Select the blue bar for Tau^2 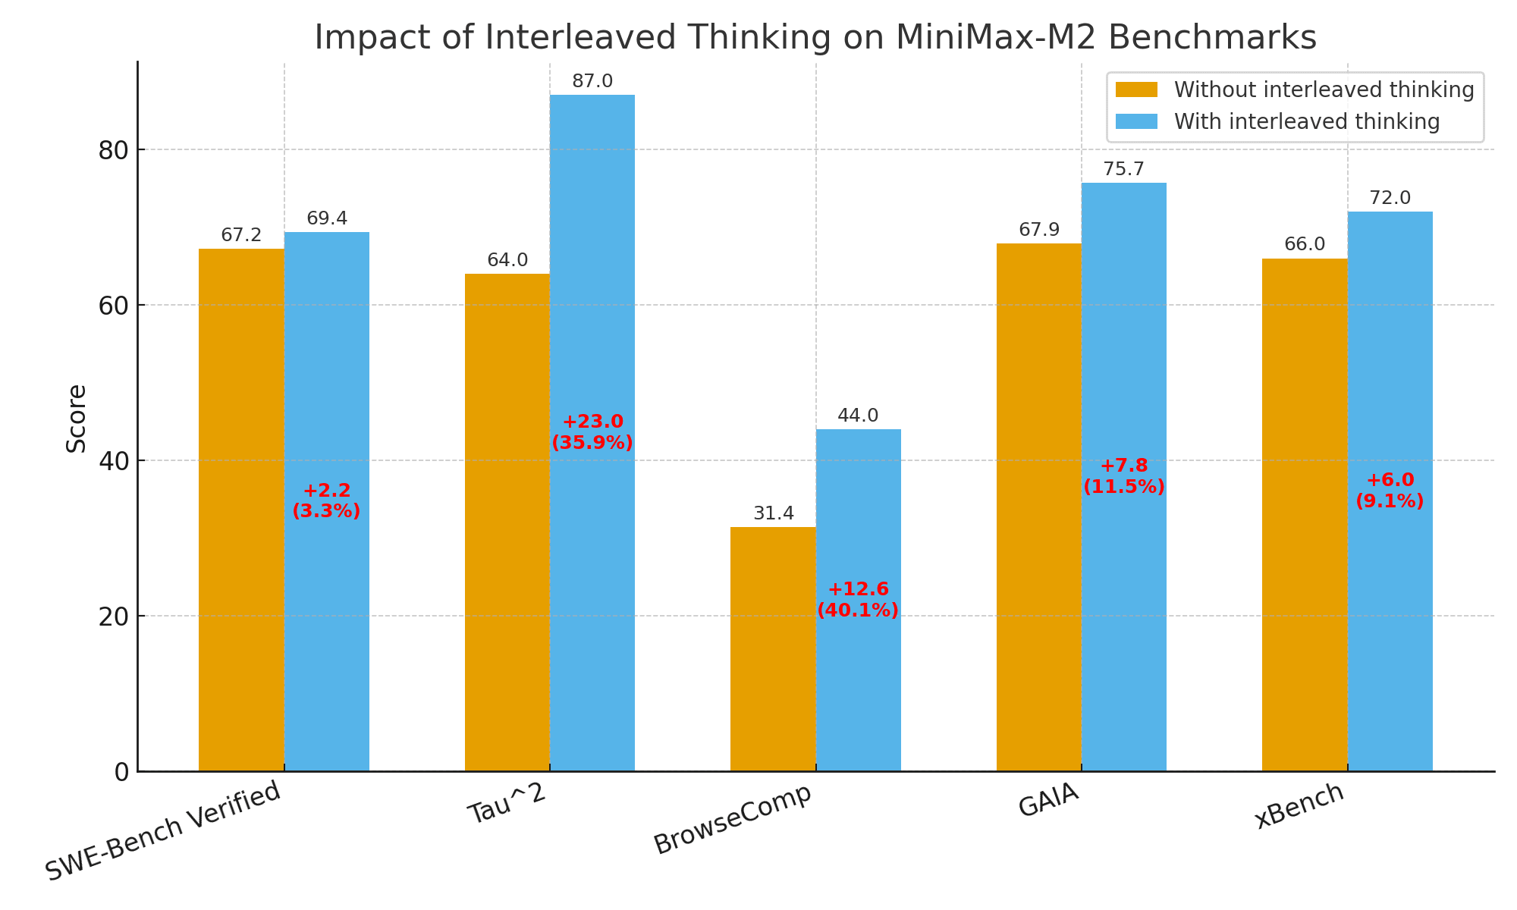pos(592,433)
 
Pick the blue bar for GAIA pos(1124,477)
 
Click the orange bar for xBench pos(1305,515)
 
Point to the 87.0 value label pos(592,81)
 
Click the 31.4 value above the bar pos(774,513)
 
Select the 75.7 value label pos(1124,169)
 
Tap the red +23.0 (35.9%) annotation pos(592,432)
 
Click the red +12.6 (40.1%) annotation pos(858,600)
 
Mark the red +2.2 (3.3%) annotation pos(326,501)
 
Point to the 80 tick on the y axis pos(111,150)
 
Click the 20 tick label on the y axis pos(111,617)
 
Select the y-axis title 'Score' pos(76,419)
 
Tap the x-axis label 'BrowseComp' pos(732,820)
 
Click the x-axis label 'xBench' pos(1299,806)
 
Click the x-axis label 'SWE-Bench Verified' pos(163,831)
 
